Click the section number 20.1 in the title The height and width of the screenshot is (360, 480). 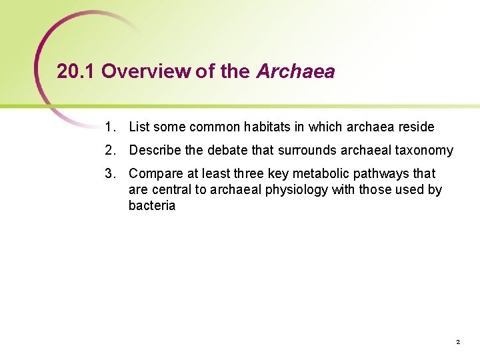[76, 71]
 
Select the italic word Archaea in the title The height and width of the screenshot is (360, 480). [295, 71]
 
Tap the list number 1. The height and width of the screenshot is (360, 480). [109, 127]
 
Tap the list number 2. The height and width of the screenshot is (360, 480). [109, 150]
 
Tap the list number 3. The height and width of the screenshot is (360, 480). [109, 173]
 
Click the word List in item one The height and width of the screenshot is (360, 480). [139, 127]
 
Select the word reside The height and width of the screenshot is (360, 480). [417, 127]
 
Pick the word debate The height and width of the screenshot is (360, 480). [224, 150]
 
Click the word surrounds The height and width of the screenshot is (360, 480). [307, 150]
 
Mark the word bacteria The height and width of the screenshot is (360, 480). [152, 205]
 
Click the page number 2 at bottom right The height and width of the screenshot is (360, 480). [458, 342]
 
